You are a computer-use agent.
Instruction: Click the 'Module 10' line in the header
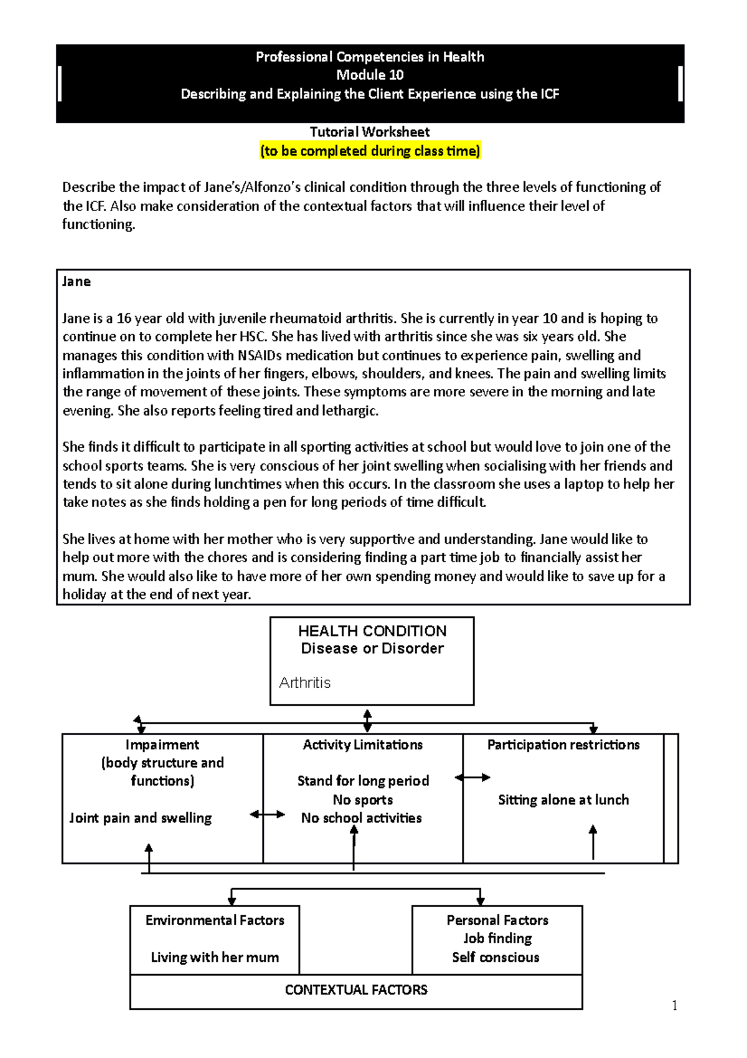pyautogui.click(x=370, y=75)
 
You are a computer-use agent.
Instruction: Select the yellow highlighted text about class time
pyautogui.click(x=370, y=151)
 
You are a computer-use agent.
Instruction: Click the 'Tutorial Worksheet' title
pyautogui.click(x=370, y=132)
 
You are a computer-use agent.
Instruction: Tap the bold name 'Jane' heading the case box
pyautogui.click(x=77, y=282)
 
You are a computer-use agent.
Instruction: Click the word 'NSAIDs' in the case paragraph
pyautogui.click(x=260, y=355)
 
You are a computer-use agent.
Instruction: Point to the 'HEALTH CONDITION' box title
pyautogui.click(x=372, y=631)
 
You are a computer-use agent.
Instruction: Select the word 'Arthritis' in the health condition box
pyautogui.click(x=304, y=683)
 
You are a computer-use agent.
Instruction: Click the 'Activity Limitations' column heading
pyautogui.click(x=363, y=745)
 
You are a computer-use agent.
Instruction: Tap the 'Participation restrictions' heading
pyautogui.click(x=563, y=745)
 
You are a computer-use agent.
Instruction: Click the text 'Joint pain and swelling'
pyautogui.click(x=140, y=818)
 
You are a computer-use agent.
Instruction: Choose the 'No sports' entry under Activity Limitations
pyautogui.click(x=363, y=800)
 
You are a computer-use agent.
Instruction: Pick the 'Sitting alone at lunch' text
pyautogui.click(x=563, y=800)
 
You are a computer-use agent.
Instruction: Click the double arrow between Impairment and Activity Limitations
pyautogui.click(x=267, y=814)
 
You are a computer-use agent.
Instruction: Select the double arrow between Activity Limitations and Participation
pyautogui.click(x=472, y=778)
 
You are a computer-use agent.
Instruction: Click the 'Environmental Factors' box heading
pyautogui.click(x=215, y=920)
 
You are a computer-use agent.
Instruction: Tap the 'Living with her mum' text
pyautogui.click(x=215, y=958)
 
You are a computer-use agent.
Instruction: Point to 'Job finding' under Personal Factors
pyautogui.click(x=497, y=938)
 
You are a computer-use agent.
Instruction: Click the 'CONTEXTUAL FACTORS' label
pyautogui.click(x=356, y=990)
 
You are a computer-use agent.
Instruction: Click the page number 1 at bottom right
pyautogui.click(x=675, y=1005)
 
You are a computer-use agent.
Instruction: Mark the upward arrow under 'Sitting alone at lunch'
pyautogui.click(x=593, y=841)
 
